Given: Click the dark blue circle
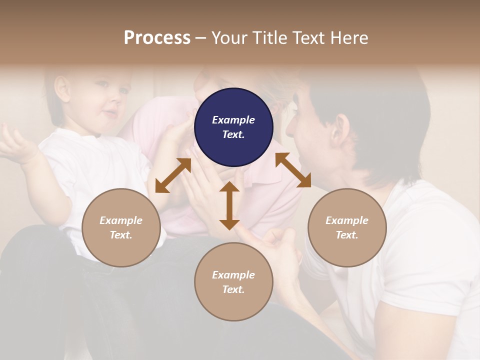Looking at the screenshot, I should click(x=233, y=127).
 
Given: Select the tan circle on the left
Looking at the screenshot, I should click(x=121, y=227).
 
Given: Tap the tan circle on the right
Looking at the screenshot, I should click(x=347, y=227).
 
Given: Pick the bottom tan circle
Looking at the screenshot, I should click(x=233, y=282).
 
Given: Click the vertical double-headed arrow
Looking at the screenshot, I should click(x=229, y=205).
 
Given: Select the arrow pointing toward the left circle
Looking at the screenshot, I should click(x=173, y=175).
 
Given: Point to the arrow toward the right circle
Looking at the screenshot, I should click(x=293, y=170).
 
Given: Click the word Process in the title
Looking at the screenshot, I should click(x=157, y=38).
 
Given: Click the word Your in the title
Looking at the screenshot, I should click(x=229, y=38).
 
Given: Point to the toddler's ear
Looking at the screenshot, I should click(x=62, y=87).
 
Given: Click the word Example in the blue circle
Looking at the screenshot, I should click(x=233, y=120).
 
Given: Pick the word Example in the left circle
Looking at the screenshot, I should click(x=121, y=220).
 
